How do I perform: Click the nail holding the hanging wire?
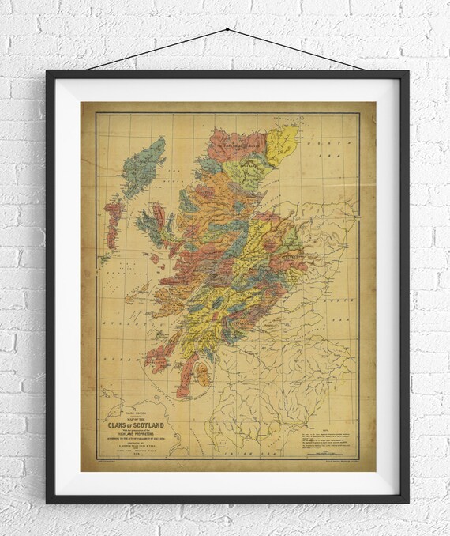[x=227, y=30]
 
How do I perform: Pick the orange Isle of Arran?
[x=203, y=373]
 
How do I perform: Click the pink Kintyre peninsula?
[x=186, y=375]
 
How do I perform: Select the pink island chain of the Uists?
[x=113, y=221]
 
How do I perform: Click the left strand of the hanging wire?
[x=157, y=50]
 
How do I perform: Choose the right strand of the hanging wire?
[x=296, y=50]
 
